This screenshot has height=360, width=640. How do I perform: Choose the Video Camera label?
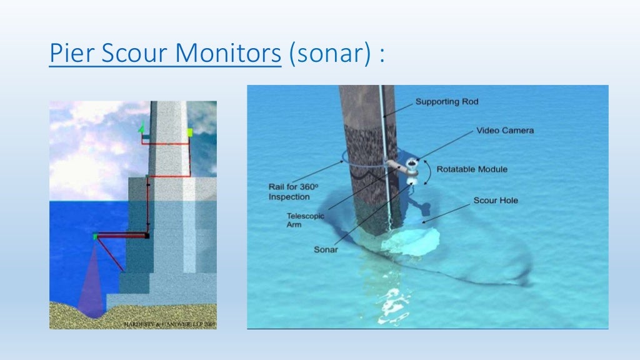pos(505,131)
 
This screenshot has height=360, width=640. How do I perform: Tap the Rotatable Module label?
pos(472,169)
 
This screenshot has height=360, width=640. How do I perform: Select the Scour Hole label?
pos(496,201)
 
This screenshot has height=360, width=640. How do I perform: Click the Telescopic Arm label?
pos(302,220)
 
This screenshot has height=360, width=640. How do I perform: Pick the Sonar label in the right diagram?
pos(326,250)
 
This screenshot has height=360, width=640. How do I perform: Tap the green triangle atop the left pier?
pos(142,127)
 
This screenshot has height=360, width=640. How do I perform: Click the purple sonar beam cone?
pos(91,281)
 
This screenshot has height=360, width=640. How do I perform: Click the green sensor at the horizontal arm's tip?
pos(95,236)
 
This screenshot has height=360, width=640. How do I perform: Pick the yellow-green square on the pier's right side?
pos(189,132)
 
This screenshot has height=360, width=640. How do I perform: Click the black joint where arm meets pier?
pos(147,236)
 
